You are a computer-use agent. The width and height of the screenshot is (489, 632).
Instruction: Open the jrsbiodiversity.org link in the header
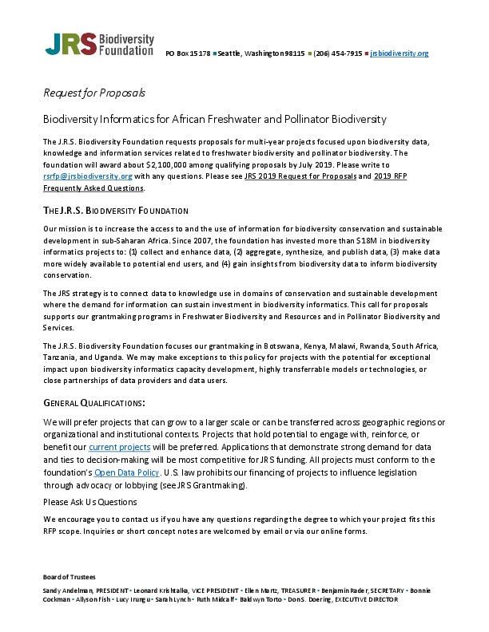tap(400, 53)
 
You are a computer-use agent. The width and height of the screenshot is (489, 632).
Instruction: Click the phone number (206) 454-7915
tap(337, 53)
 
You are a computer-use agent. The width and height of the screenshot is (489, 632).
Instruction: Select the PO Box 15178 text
tap(188, 53)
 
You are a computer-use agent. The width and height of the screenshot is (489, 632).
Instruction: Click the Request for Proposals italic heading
tap(93, 93)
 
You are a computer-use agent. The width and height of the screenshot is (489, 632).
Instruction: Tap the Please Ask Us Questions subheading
tap(89, 502)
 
